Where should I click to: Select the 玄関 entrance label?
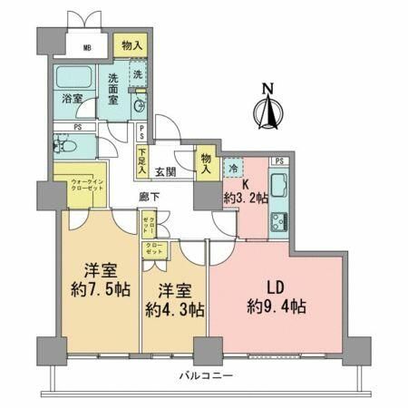tap(164, 172)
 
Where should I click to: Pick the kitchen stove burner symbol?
tap(277, 220)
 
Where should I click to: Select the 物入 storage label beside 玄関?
tap(207, 160)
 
